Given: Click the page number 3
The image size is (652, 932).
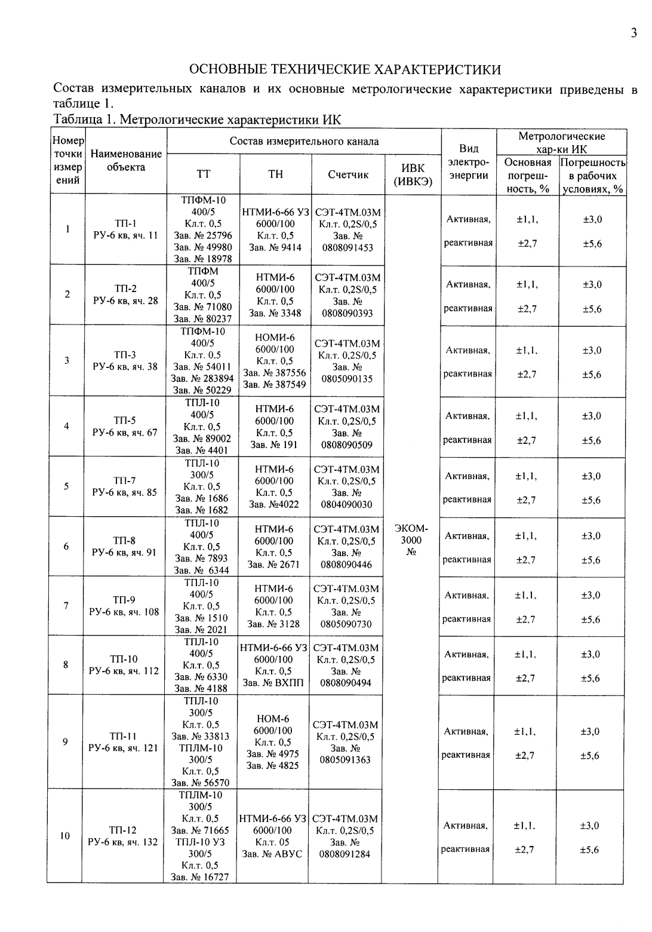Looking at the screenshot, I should tap(633, 33).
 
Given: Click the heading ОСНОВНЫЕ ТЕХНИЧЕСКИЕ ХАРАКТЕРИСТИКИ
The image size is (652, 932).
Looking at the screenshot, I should tap(345, 70).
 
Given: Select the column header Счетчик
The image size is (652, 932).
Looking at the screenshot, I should tap(348, 174).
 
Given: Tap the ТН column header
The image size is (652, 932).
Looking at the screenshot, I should tap(275, 174).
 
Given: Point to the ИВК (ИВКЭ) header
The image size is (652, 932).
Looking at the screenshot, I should tap(413, 175).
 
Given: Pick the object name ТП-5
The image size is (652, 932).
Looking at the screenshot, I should tap(125, 420).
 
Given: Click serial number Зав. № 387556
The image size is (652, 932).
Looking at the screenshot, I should tap(275, 373).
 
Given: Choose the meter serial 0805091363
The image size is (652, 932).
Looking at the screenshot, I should tap(346, 760).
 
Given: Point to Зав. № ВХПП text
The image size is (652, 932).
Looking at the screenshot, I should tap(273, 683).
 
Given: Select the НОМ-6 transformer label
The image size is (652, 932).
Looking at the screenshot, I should tap(273, 719).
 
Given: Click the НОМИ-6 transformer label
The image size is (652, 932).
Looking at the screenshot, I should tap(275, 338).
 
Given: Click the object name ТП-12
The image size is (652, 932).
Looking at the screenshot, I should tap(123, 830).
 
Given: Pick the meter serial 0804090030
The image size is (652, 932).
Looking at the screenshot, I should tap(346, 505).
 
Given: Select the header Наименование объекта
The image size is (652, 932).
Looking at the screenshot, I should tap(126, 161).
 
